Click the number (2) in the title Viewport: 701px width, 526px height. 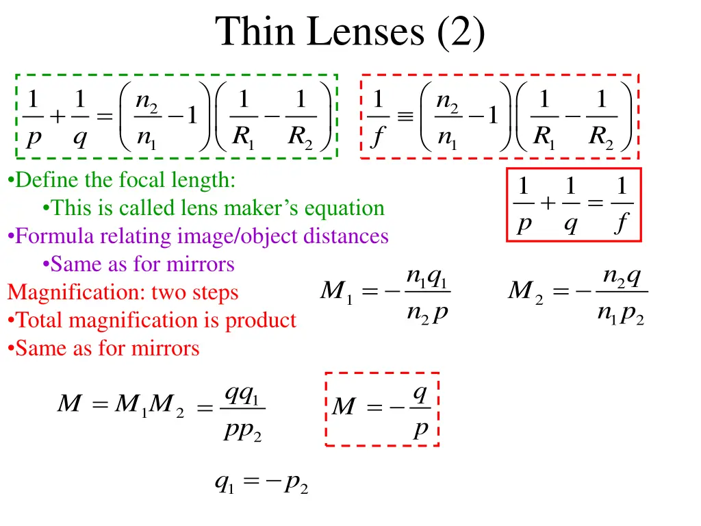(458, 32)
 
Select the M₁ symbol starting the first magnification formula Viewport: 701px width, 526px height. (335, 294)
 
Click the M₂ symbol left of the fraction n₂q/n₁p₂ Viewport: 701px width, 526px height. (525, 294)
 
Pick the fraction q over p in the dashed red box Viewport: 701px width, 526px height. (420, 410)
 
